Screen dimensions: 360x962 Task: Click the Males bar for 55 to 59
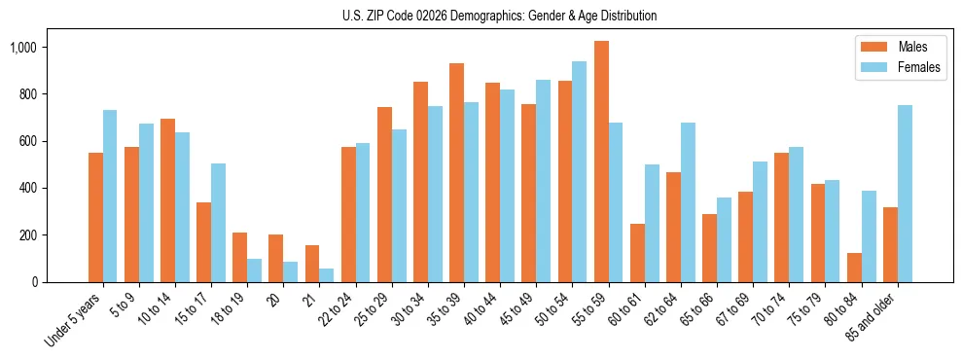(x=601, y=162)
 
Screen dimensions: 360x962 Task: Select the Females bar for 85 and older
(x=905, y=194)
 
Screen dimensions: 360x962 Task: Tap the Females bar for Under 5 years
(x=110, y=196)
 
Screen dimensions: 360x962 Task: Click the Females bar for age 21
(x=327, y=275)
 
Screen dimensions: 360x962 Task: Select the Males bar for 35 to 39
(x=456, y=172)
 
